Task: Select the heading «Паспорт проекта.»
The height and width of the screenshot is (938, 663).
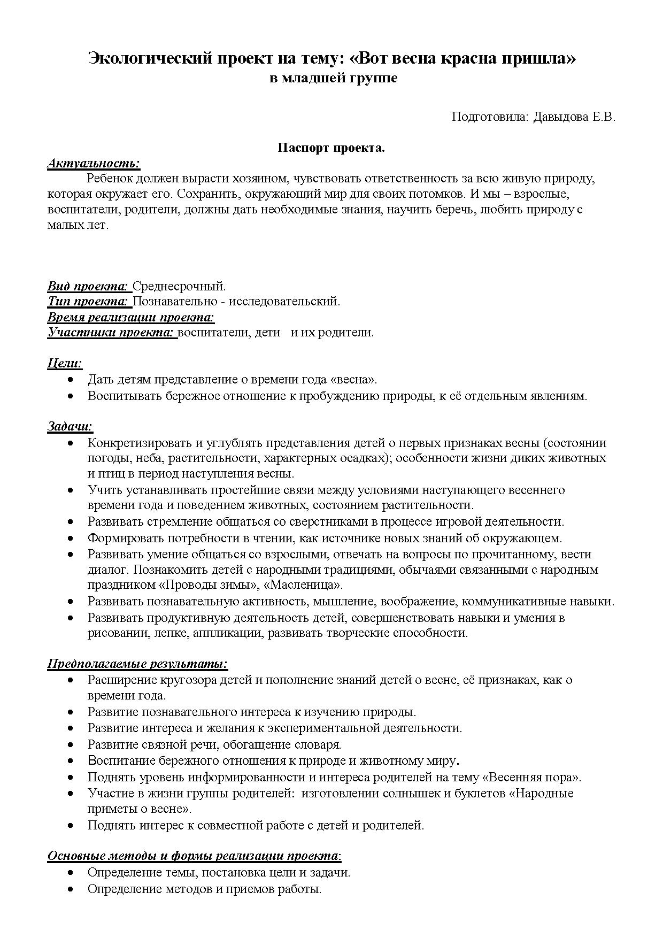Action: point(331,148)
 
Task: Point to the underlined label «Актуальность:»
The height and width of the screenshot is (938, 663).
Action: point(94,163)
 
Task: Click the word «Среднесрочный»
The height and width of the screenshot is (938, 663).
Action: point(178,286)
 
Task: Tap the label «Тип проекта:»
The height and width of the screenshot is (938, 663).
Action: point(89,301)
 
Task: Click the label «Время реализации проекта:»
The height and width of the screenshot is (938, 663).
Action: point(131,317)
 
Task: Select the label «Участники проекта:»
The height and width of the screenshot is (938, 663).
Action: point(111,332)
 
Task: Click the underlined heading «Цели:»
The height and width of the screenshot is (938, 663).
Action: point(65,363)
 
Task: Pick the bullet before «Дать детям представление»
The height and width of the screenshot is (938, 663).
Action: point(71,379)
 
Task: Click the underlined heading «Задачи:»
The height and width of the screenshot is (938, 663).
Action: point(70,426)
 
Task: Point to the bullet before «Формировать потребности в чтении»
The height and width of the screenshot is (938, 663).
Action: point(71,537)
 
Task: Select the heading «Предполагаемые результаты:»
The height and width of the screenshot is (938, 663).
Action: point(137,664)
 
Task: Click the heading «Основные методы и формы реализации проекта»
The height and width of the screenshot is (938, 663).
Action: point(193,856)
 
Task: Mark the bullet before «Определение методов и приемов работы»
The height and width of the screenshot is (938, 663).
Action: point(71,889)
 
